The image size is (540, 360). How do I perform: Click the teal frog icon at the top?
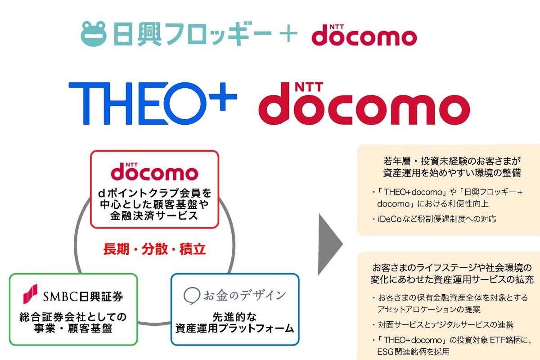[93, 34]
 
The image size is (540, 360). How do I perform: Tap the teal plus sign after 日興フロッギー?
[288, 33]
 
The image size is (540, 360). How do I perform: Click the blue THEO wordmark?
[137, 103]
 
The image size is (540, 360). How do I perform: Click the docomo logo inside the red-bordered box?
[154, 171]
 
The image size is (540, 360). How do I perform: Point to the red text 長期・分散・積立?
[154, 249]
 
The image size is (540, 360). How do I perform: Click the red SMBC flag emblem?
[31, 294]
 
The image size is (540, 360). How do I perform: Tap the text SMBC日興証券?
[83, 297]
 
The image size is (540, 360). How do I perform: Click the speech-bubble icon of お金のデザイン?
[192, 296]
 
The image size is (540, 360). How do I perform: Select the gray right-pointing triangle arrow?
[330, 244]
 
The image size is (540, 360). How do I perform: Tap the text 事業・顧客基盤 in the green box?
[73, 328]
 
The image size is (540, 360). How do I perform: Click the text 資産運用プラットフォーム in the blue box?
[234, 328]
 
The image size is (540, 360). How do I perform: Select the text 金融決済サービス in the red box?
[154, 216]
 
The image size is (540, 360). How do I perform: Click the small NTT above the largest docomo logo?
[309, 87]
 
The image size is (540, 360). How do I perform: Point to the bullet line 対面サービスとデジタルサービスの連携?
[446, 325]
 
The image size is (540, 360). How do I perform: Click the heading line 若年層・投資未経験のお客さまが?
[452, 161]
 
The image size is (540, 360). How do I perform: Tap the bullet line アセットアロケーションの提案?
[429, 309]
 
